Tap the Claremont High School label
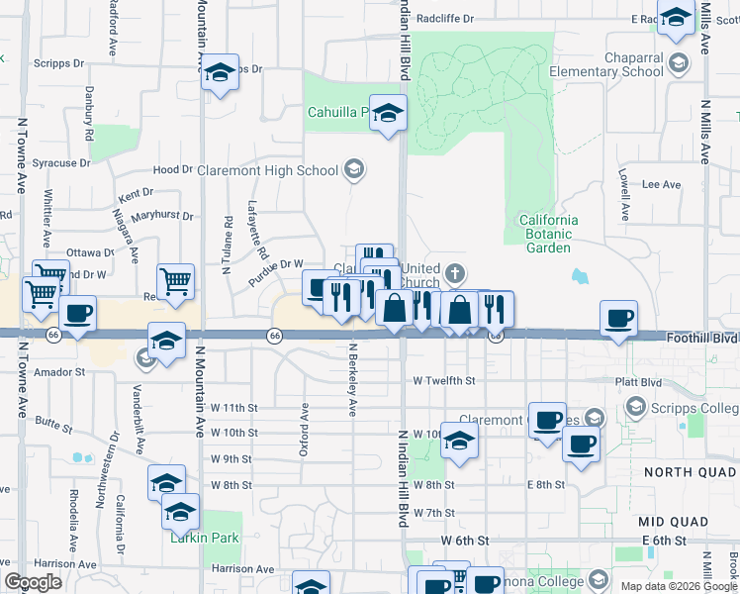[x=268, y=170]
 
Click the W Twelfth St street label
[x=444, y=380]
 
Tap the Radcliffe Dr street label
[x=445, y=18]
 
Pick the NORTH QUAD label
[x=690, y=472]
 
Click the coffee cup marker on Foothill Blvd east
[x=619, y=319]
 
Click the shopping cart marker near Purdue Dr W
[x=175, y=281]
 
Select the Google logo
[x=34, y=582]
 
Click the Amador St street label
[x=61, y=371]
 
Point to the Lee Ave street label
[x=662, y=184]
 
